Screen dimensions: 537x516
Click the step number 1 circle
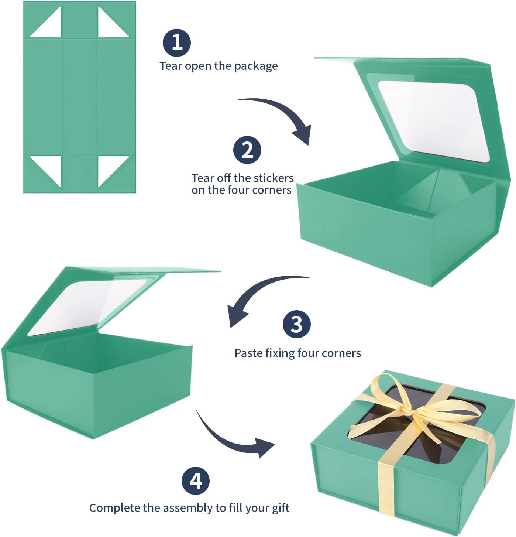pyautogui.click(x=177, y=42)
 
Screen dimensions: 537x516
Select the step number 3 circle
pyautogui.click(x=296, y=324)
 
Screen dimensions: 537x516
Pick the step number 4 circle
pyautogui.click(x=195, y=481)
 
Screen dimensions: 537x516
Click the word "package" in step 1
pyautogui.click(x=256, y=66)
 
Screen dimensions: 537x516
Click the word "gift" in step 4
pyautogui.click(x=280, y=508)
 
